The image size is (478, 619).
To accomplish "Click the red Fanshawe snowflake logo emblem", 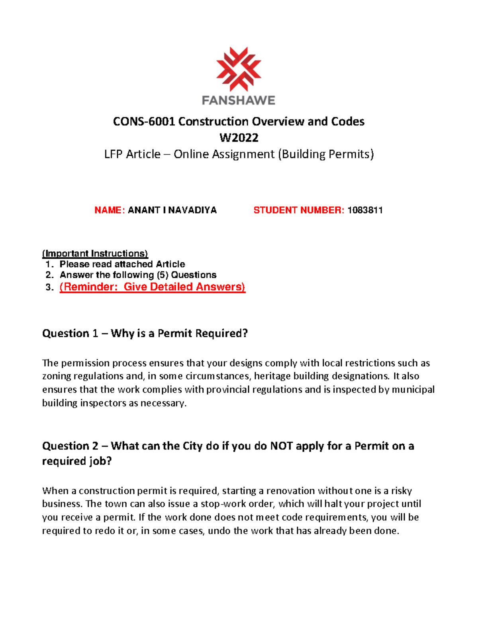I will click(x=239, y=69).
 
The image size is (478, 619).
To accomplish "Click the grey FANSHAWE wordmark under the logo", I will click(x=239, y=100).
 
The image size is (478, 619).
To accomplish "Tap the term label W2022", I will click(x=239, y=138).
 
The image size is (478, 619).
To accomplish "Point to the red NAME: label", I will click(x=110, y=210).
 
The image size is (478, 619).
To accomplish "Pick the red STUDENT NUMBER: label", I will click(x=299, y=210).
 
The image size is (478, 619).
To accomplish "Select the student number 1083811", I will click(x=365, y=210).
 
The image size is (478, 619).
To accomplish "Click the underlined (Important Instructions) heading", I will click(x=95, y=253).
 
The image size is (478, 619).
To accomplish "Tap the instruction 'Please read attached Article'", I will click(x=122, y=264).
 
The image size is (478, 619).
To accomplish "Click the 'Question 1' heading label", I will click(x=70, y=334).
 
